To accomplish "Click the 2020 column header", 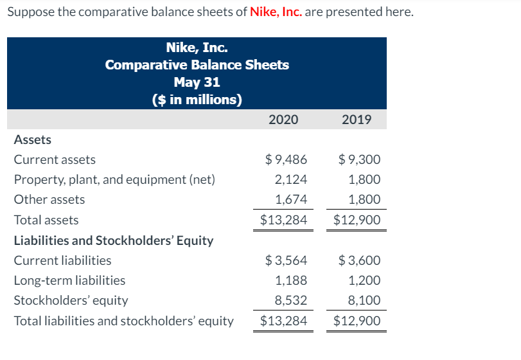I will click(x=283, y=120).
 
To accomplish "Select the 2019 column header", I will click(x=357, y=120).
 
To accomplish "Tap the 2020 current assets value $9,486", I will click(x=287, y=159).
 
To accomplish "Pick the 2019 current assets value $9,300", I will click(x=360, y=159).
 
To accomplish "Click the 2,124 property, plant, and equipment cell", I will click(x=291, y=179).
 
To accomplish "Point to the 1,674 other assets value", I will click(x=291, y=199).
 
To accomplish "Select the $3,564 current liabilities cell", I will click(x=287, y=260).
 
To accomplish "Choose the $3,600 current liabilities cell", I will click(x=360, y=260).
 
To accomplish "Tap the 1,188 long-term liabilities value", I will click(x=291, y=280).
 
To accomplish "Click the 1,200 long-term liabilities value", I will click(x=364, y=280).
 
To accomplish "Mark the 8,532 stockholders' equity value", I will click(x=291, y=300).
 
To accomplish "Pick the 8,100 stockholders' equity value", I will click(x=364, y=300).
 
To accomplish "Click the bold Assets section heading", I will click(x=33, y=139).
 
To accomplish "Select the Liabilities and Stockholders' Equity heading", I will click(x=114, y=240).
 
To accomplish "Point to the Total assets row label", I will click(x=46, y=220).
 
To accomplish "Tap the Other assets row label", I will click(x=49, y=199).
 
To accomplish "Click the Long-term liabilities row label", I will click(x=69, y=280).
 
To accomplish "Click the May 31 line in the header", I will click(x=197, y=82).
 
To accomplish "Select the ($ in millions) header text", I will click(x=197, y=100).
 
